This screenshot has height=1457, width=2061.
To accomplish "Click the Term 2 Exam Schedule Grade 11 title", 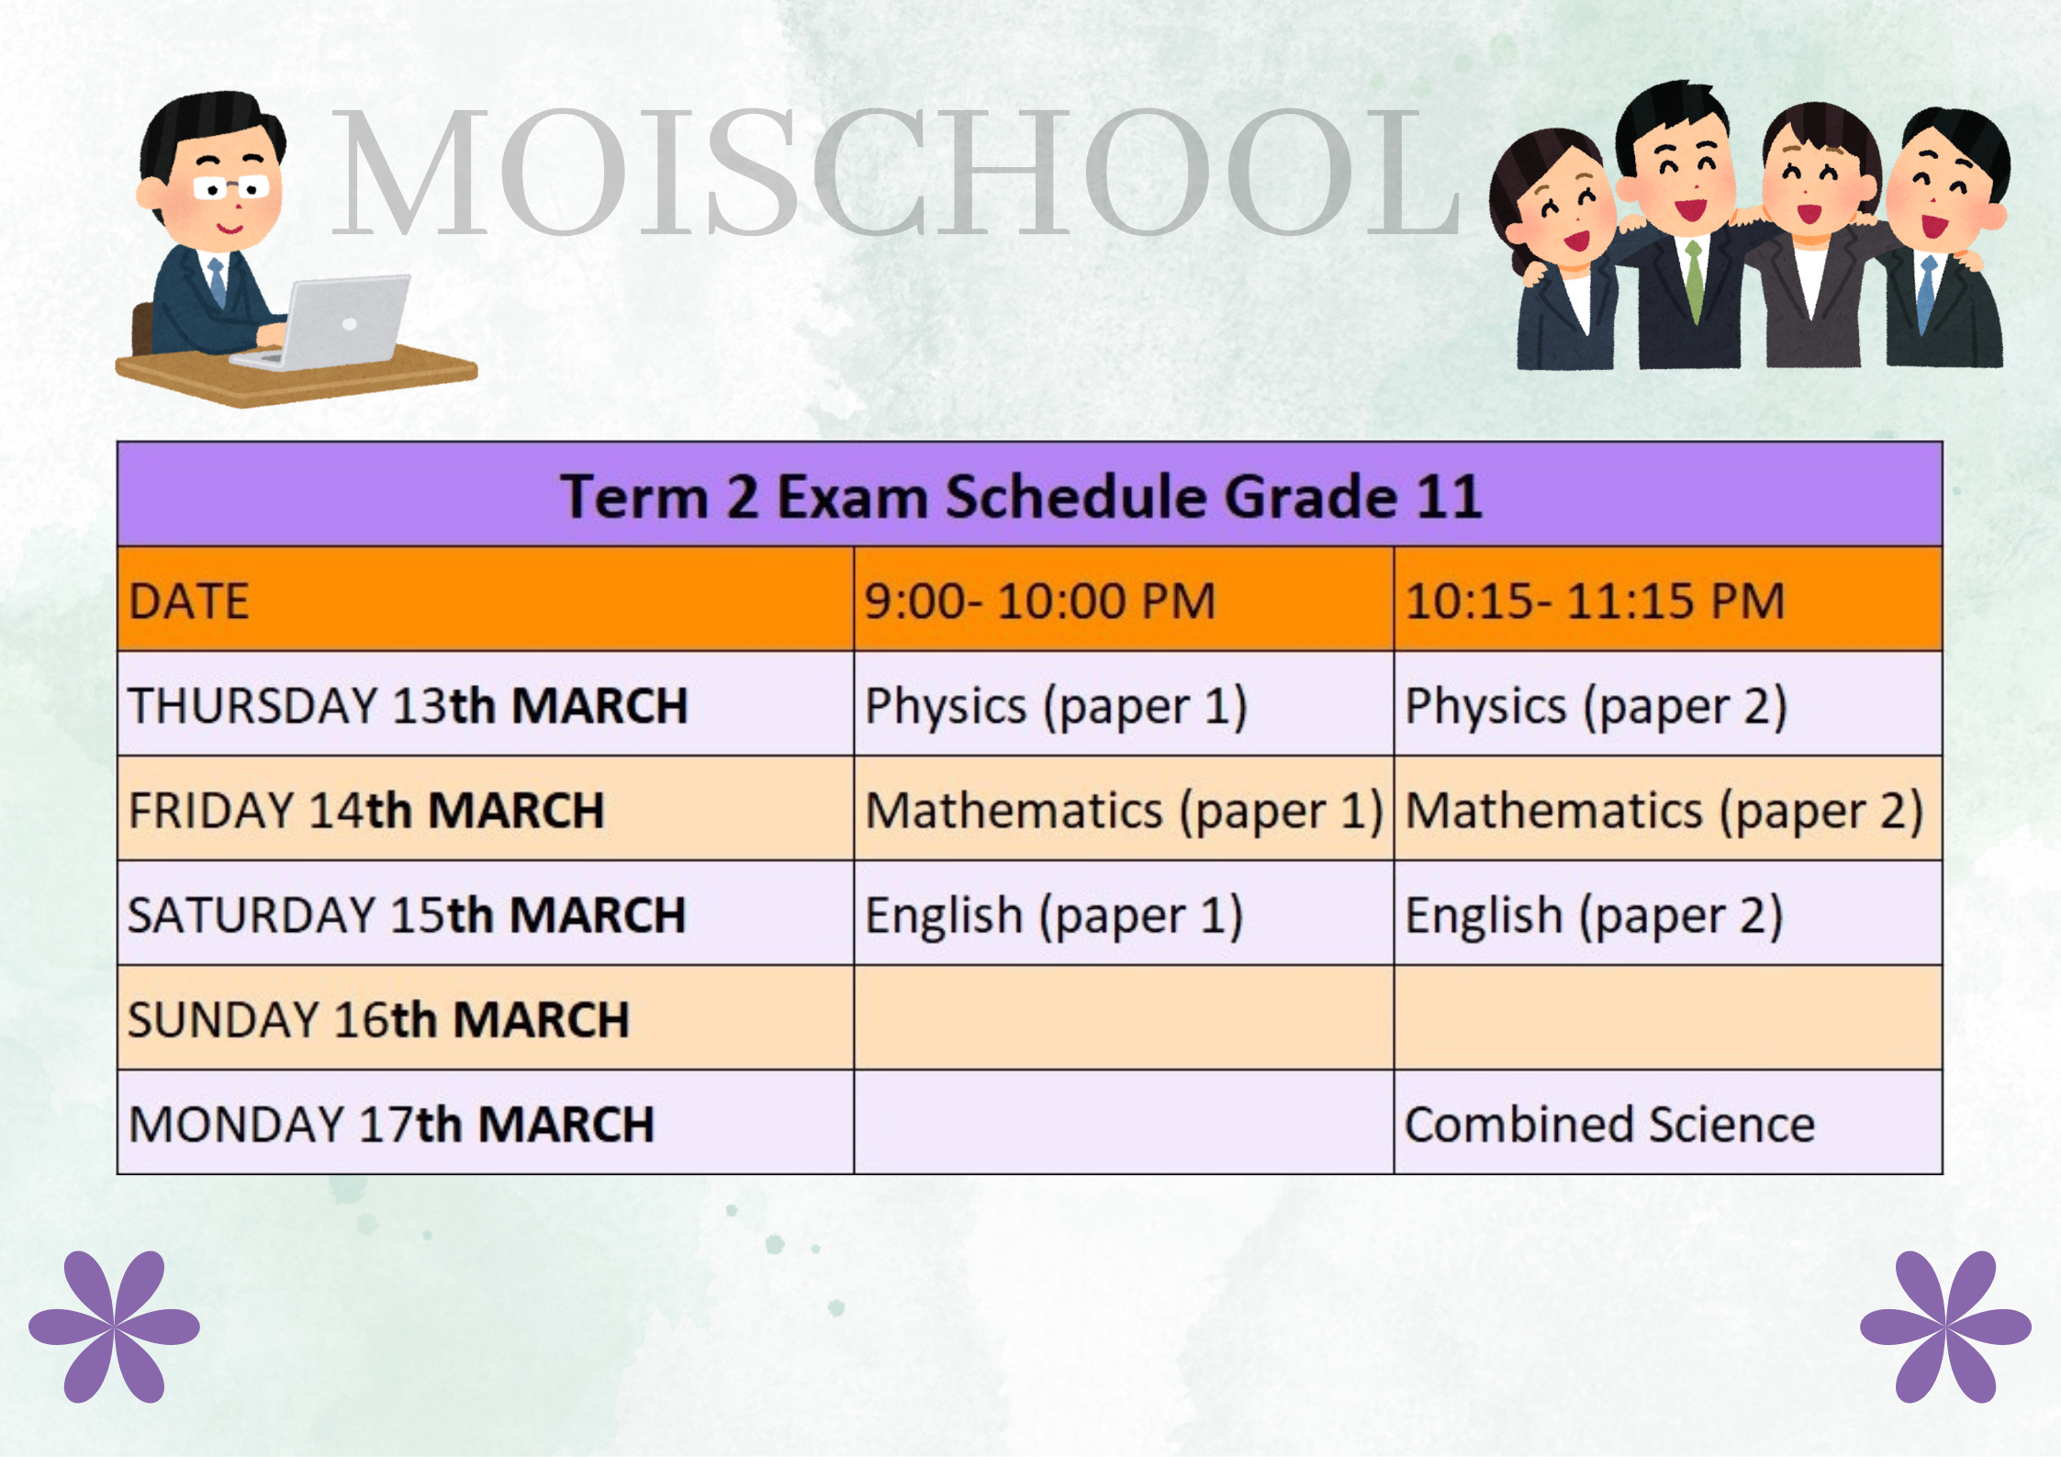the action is tap(1021, 497).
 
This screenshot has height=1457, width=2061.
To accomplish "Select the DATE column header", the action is tap(189, 602).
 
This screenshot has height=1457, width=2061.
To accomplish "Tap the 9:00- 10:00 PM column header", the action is tap(1040, 601).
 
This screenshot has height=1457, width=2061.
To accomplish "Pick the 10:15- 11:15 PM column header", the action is tap(1595, 601).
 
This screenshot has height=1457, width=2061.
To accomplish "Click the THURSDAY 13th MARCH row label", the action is tap(409, 706).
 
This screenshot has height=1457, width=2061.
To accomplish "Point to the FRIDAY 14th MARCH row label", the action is tap(366, 811).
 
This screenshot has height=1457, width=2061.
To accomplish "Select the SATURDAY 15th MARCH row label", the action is tap(408, 915).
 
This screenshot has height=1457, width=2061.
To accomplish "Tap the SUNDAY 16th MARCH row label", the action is tap(379, 1020).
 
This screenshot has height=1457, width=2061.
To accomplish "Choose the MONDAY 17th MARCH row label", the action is tap(392, 1125).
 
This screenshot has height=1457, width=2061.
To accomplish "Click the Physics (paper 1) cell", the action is tap(1057, 708).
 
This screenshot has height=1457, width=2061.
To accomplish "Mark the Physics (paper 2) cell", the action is tap(1596, 708).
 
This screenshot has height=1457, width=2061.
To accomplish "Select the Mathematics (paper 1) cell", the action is tap(1125, 813).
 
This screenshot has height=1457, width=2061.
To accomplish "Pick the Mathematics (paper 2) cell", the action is tap(1664, 813).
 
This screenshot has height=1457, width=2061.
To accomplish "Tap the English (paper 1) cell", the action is tap(1055, 917).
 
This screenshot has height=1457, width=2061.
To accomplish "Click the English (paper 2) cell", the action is tap(1595, 917).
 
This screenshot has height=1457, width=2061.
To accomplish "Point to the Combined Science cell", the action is tap(1610, 1125).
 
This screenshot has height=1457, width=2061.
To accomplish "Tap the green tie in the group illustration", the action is tap(1695, 279).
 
